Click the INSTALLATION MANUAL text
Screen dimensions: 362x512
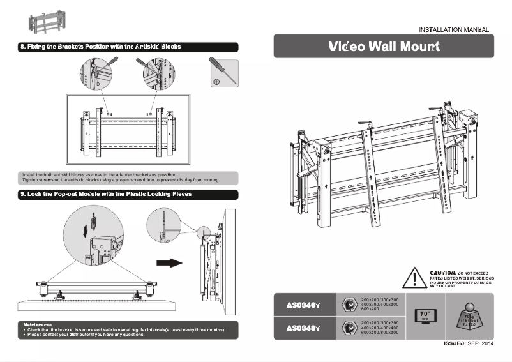click(454, 29)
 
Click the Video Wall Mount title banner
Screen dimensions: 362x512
click(384, 47)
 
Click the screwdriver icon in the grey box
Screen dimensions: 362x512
click(223, 73)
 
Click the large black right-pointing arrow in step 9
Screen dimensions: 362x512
click(169, 263)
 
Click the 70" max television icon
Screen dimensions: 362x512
click(425, 316)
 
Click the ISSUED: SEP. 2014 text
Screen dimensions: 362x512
click(469, 344)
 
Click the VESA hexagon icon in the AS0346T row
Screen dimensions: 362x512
click(349, 305)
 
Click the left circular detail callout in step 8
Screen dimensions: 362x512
click(97, 72)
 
